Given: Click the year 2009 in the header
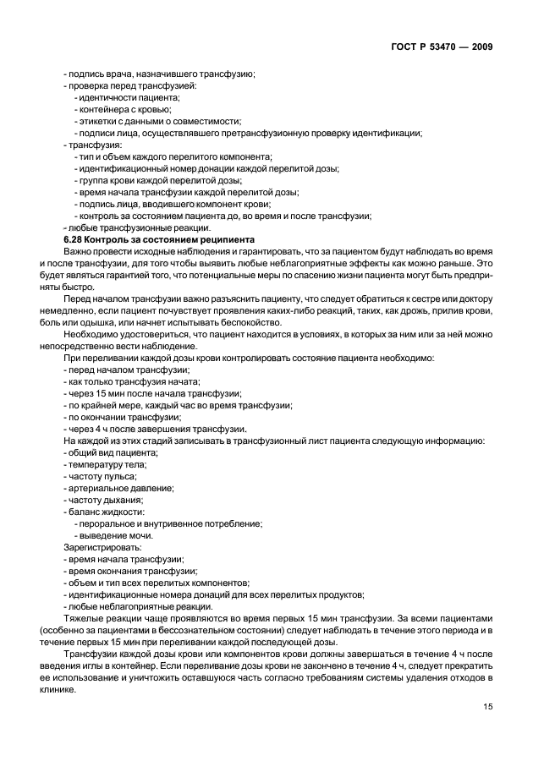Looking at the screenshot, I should click(x=479, y=46).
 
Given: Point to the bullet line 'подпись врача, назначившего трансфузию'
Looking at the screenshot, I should click(x=159, y=74).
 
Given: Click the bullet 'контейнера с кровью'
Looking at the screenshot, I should click(x=124, y=109).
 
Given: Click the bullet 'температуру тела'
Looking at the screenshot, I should click(x=106, y=464).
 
